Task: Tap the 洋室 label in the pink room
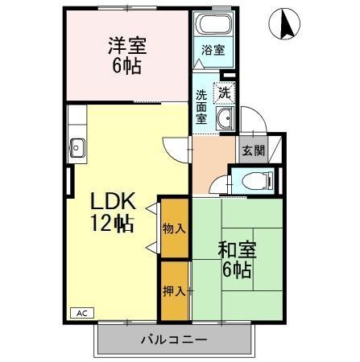click(x=126, y=44)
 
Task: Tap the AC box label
click(x=82, y=312)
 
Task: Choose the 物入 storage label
click(x=174, y=228)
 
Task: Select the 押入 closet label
click(x=174, y=290)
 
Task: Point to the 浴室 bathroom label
click(x=213, y=50)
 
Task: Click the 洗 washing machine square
click(x=224, y=92)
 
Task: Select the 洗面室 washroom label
click(x=201, y=106)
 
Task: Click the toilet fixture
click(x=255, y=180)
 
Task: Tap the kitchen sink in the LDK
click(x=78, y=147)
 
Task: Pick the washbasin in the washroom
click(x=225, y=121)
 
